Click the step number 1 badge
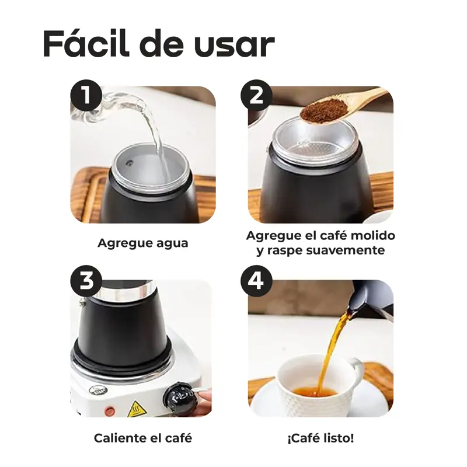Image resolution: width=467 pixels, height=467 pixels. (x=86, y=96)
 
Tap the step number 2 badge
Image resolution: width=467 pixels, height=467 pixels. (x=256, y=96)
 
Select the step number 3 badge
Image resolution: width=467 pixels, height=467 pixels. (x=86, y=281)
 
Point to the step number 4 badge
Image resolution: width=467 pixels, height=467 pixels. (x=256, y=281)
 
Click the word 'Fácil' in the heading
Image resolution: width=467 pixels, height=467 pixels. (x=86, y=43)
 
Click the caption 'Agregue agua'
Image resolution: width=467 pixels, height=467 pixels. (x=143, y=243)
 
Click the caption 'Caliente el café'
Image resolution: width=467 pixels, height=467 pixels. (x=143, y=438)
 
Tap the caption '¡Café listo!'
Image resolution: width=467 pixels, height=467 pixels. (x=320, y=438)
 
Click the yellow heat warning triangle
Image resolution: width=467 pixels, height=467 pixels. (x=137, y=409)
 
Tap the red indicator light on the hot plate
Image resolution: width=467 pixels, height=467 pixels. (x=110, y=412)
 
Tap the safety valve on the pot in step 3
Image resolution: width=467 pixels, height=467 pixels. (x=82, y=303)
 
